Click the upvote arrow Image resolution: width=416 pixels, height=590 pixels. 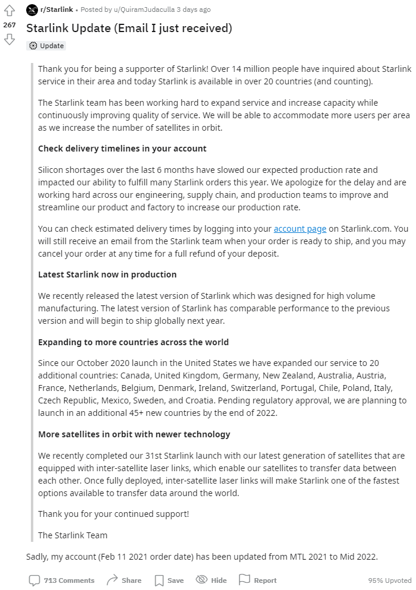click(x=9, y=11)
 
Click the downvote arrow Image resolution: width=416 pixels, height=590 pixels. click(x=9, y=39)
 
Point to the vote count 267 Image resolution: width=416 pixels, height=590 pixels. click(x=9, y=25)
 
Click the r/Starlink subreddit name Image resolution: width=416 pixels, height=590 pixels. click(x=56, y=10)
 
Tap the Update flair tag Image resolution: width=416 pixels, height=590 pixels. click(x=47, y=46)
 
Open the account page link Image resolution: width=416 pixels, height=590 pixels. click(x=300, y=229)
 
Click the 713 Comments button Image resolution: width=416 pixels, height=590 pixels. click(x=62, y=580)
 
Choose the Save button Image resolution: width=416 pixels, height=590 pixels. click(x=169, y=580)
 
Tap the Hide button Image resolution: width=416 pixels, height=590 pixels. click(x=212, y=580)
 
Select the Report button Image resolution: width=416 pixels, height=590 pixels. click(x=258, y=580)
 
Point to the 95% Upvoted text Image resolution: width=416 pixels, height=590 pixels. click(x=389, y=580)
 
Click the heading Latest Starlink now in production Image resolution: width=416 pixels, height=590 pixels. click(x=107, y=275)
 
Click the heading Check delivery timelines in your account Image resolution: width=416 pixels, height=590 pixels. click(x=122, y=149)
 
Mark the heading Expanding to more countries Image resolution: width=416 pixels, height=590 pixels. click(x=133, y=342)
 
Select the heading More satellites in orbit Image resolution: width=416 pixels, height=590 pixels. click(x=134, y=434)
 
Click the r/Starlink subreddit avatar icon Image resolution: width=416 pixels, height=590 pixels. click(x=32, y=10)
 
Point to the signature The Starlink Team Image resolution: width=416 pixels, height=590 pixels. click(x=73, y=535)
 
